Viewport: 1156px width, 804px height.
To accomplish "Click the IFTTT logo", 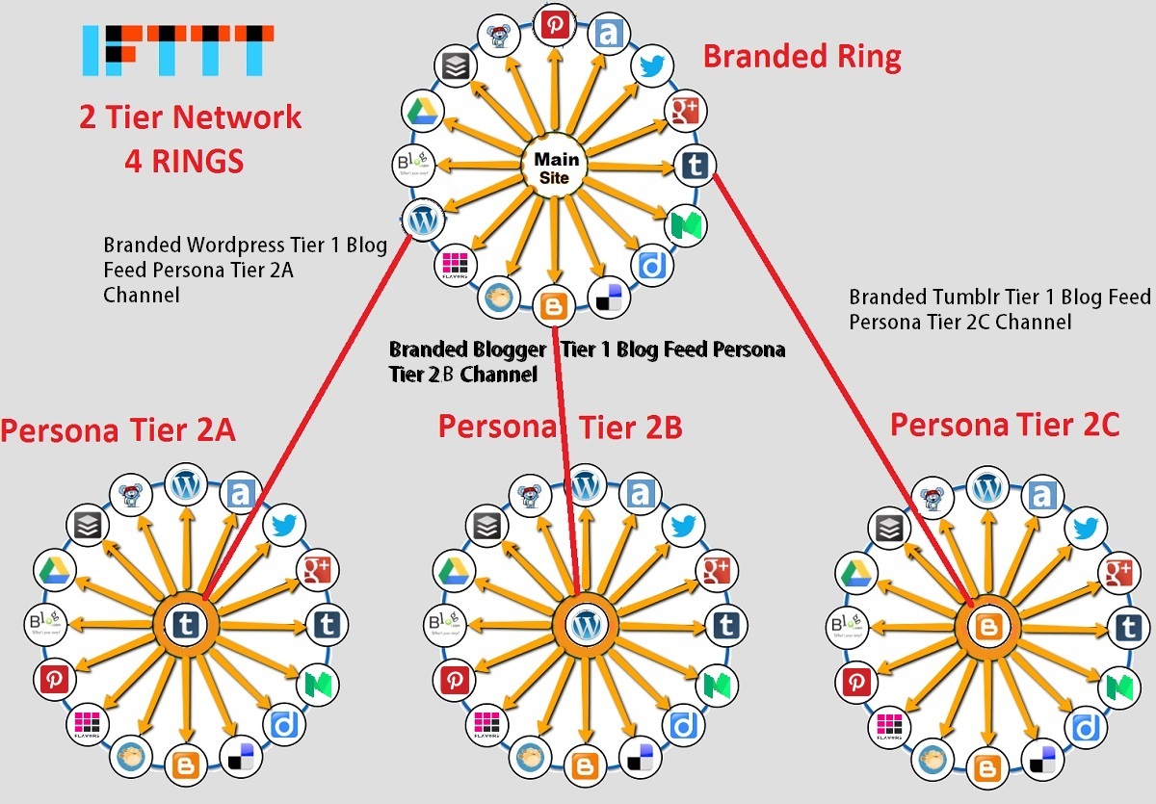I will click(172, 50).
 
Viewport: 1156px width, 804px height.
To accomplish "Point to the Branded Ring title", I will click(801, 56).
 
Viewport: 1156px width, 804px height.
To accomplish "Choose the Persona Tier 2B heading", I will click(560, 426).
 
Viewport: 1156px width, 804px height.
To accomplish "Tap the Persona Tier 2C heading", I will click(1005, 424).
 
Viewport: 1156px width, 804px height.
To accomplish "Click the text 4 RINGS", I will click(184, 161).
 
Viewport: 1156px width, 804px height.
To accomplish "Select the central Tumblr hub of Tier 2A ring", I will click(184, 626).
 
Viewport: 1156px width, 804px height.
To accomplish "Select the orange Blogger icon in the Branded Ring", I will click(554, 305).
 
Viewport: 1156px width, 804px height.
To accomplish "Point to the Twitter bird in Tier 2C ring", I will click(1086, 528).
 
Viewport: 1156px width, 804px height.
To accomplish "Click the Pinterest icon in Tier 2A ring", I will click(52, 680).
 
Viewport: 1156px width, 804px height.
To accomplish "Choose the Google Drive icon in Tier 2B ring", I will click(453, 571).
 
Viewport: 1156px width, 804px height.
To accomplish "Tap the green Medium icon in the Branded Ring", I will click(688, 224).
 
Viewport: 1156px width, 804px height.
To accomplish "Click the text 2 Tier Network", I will click(191, 117).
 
